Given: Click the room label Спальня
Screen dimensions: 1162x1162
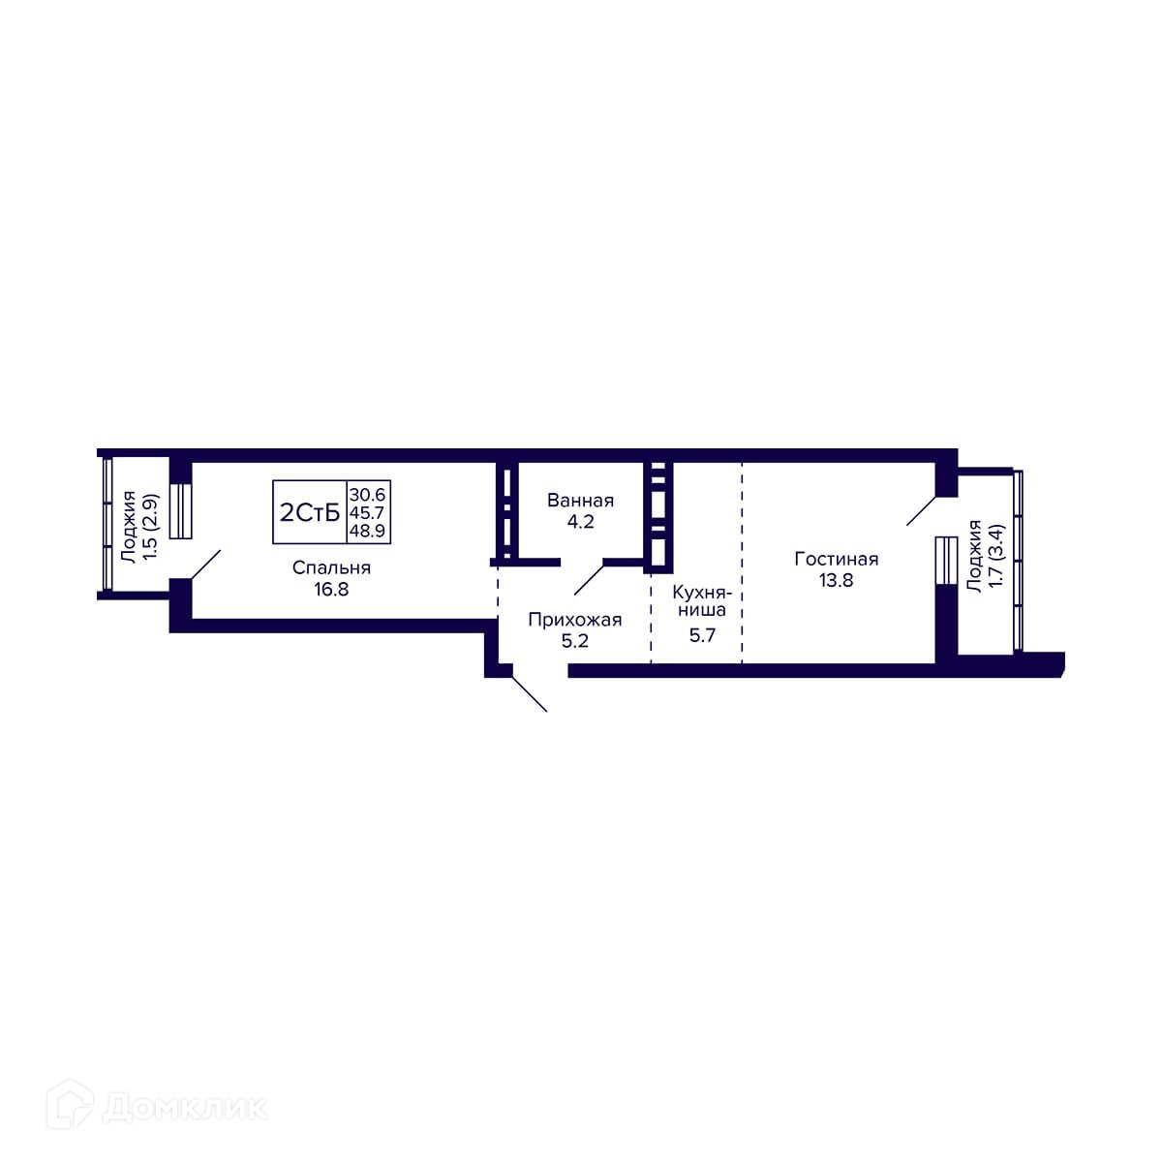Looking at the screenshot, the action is [331, 568].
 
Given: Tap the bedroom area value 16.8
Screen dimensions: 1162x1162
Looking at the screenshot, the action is [331, 589].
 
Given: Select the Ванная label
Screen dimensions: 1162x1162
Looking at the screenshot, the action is [580, 501].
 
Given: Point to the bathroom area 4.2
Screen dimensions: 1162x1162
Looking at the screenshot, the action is [580, 522].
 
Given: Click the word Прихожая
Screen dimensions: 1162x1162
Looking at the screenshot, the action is [574, 620].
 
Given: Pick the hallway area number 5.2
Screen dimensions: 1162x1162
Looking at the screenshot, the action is [574, 640].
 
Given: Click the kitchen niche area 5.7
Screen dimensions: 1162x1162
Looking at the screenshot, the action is [702, 634].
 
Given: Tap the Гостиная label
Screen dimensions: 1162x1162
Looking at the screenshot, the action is [836, 559].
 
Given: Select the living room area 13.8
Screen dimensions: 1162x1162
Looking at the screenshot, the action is [836, 580].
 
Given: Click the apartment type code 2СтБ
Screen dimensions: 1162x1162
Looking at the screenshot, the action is [310, 513].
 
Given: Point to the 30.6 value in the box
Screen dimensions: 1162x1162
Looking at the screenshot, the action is [367, 495].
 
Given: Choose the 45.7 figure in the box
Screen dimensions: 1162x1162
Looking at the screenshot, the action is [367, 512].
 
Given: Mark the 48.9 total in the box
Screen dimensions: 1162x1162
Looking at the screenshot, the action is [367, 531].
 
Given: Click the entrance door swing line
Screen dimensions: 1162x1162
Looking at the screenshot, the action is [530, 694].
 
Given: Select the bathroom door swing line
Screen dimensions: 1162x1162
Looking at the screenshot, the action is [589, 579].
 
